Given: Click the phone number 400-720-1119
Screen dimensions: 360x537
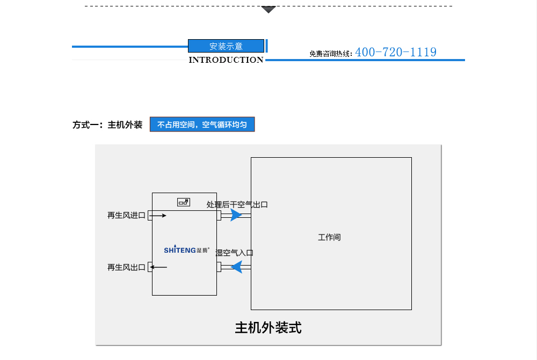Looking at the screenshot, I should pos(396,52).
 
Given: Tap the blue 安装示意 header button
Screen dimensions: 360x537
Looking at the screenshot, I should pos(226,46).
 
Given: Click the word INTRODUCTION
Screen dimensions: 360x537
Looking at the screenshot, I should pos(226,60).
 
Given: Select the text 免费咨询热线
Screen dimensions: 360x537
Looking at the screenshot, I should pos(330,54).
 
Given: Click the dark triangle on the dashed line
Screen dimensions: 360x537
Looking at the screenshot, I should pos(268,9).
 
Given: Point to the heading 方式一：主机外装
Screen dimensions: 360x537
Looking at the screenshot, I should pos(107,125).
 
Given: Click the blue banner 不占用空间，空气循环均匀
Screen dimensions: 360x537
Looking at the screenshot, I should pos(202,125).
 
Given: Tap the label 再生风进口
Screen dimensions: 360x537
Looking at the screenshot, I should pos(126,216).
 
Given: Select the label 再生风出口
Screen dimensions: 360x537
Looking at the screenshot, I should pos(126,267).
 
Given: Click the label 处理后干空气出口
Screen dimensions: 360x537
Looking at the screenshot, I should pos(237,204).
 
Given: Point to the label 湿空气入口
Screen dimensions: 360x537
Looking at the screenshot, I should pos(234,253).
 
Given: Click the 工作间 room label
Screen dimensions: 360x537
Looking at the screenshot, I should pos(329,237).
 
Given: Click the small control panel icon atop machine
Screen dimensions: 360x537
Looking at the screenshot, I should pos(184,202).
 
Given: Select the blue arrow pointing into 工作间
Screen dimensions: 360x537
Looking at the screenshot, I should pos(236,215).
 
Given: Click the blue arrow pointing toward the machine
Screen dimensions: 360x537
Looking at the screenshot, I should pos(236,267).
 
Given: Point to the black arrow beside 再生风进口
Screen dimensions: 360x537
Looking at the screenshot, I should pos(158,216).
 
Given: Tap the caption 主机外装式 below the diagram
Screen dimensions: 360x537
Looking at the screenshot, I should pos(268,328).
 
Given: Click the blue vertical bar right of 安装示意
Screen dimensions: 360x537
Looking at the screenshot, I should pos(267,46).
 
